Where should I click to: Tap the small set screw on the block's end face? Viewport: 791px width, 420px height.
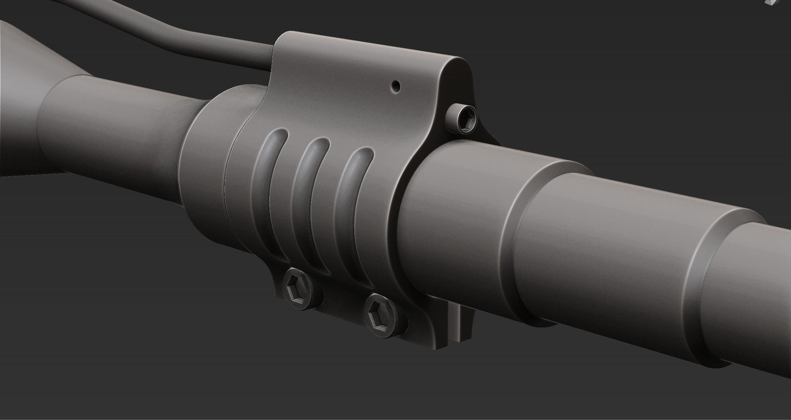(x=461, y=120)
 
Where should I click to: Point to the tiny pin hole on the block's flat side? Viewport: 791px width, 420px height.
(x=396, y=86)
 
